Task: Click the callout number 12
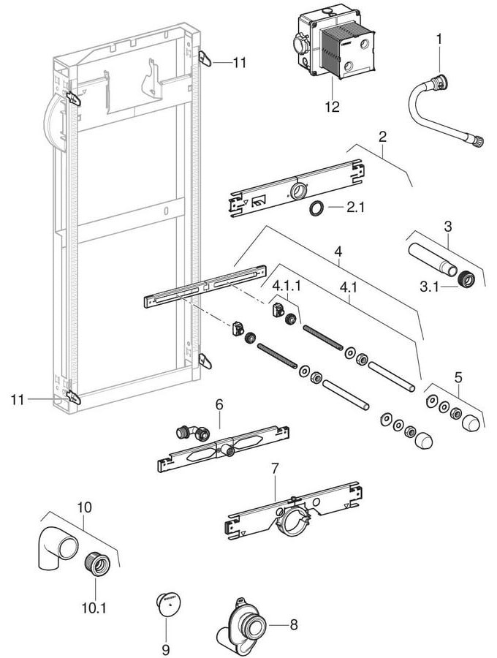point(333,107)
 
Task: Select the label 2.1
point(354,208)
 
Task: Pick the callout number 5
point(458,379)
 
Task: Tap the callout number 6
point(219,404)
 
